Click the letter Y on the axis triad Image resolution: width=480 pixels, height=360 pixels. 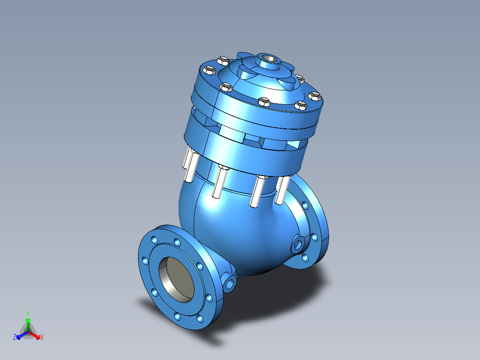tap(28, 313)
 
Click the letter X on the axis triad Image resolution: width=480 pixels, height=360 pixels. tap(42, 337)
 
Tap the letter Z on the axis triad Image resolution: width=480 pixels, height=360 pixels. tap(14, 337)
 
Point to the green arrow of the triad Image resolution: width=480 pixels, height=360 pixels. tap(28, 324)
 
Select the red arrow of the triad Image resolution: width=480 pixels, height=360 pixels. tap(34, 335)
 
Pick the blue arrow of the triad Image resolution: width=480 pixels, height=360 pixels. tap(22, 335)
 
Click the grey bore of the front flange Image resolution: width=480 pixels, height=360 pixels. tap(176, 279)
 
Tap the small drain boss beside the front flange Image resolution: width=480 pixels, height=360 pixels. tap(230, 283)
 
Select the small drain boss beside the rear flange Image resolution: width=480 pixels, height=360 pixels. tap(298, 245)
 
